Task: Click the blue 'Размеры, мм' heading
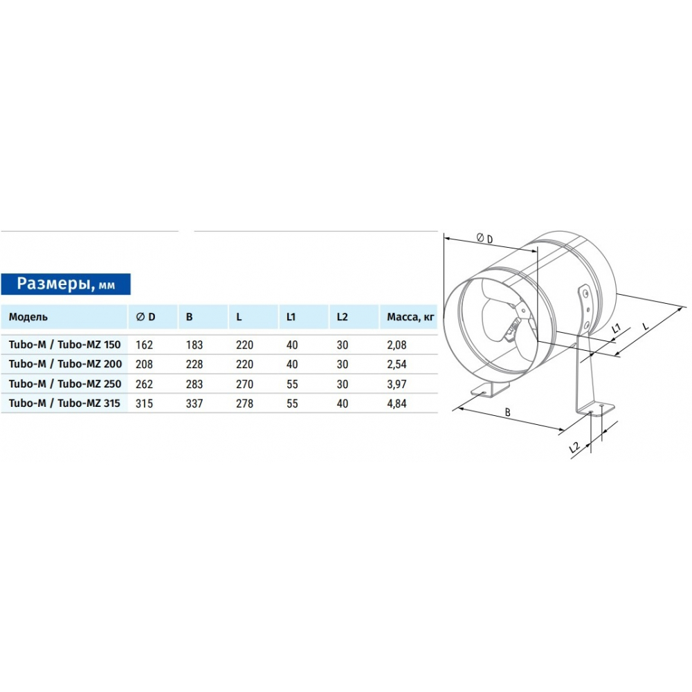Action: click(66, 284)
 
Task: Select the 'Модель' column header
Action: click(28, 317)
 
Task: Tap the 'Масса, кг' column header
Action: click(410, 317)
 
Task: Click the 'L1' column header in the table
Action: click(291, 317)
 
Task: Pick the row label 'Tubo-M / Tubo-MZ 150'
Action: click(64, 345)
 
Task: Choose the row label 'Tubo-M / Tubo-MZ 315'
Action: click(64, 403)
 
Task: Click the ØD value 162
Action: click(145, 345)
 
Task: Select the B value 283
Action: click(194, 384)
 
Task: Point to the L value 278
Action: click(244, 403)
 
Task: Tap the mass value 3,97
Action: click(397, 384)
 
